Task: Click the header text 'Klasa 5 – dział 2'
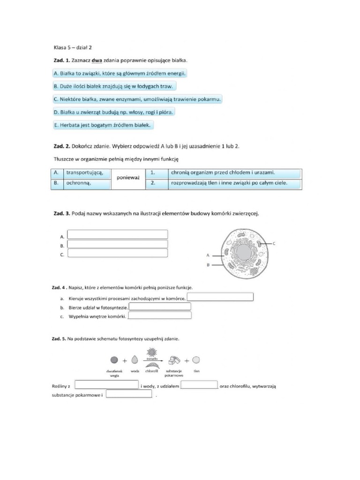point(75,47)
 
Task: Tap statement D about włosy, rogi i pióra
point(113,112)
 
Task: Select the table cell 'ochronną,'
point(78,183)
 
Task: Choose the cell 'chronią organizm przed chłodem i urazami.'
point(223,172)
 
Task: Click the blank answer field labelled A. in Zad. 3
point(118,234)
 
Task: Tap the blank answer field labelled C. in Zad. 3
point(118,253)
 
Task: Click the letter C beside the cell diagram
point(274,243)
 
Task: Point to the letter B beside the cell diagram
point(208,265)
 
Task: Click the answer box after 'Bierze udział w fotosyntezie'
point(160,307)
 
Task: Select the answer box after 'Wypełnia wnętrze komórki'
point(160,315)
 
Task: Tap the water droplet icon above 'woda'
point(135,360)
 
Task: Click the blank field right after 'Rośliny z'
point(106,385)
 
